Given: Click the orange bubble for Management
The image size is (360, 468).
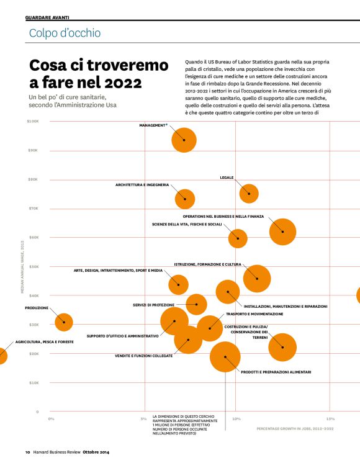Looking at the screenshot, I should coord(184,140).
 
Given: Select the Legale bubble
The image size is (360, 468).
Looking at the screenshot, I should coord(249,193).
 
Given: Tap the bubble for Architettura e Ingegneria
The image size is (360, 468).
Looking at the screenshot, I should coord(184,199).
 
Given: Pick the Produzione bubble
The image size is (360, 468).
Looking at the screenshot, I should coord(64,322).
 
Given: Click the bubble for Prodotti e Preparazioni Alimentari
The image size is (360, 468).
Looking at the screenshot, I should coord(225,356).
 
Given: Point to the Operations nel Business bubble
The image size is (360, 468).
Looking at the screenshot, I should coord(282,232).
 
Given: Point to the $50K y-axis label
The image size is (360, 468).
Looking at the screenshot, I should coord(34,266).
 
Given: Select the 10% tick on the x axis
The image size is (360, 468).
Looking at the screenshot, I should coord(236,418).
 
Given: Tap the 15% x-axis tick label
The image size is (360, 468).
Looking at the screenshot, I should coord(330,418).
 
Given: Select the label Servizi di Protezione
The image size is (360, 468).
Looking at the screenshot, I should coord(153,305).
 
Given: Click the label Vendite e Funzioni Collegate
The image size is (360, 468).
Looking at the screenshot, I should coord(143,356).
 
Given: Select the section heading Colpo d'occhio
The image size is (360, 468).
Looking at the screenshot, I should coord(65,33).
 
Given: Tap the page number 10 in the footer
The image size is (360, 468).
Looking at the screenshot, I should coord(28,451).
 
